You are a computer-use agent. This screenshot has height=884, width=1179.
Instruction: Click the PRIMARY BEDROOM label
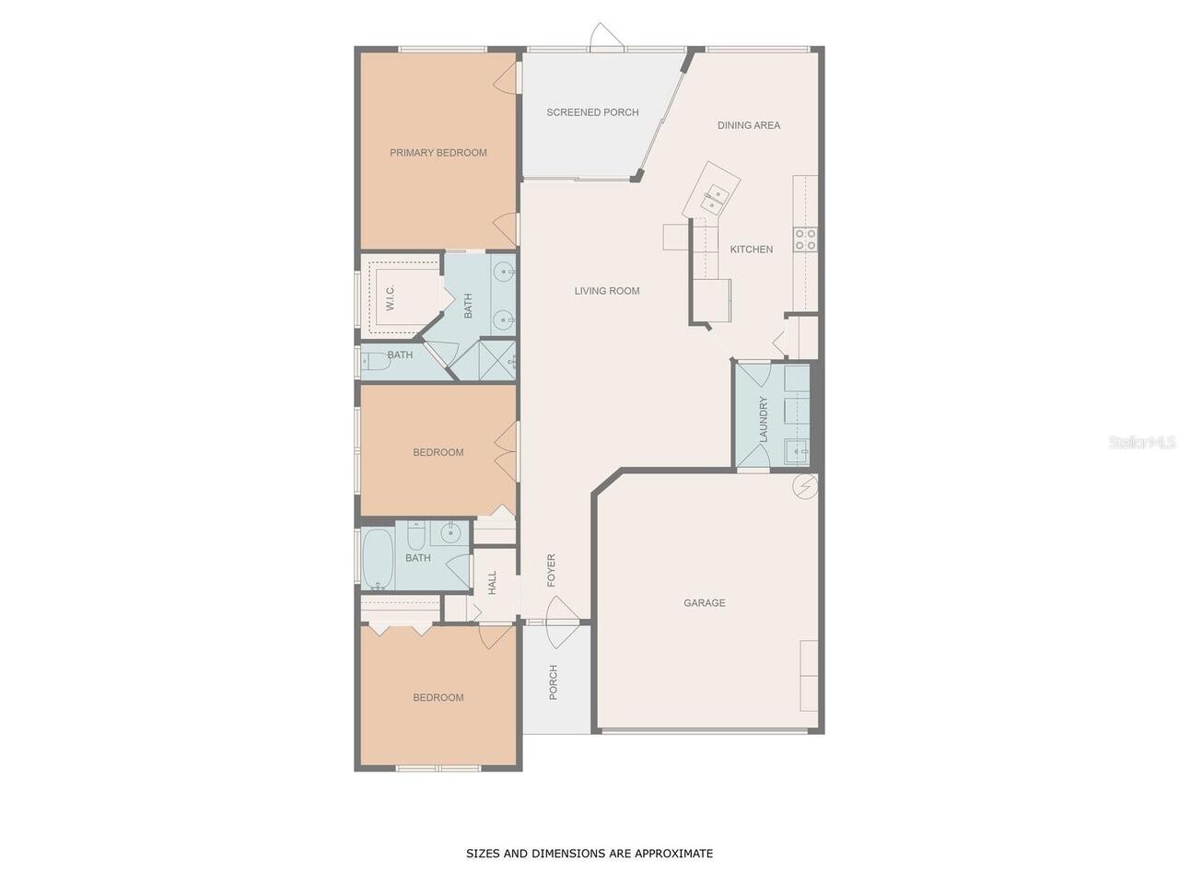pos(438,153)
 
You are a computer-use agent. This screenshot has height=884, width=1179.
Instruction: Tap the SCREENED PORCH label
pos(592,112)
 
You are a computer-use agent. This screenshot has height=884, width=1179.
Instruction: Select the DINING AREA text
pos(749,125)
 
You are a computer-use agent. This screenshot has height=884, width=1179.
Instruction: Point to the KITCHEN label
pos(752,249)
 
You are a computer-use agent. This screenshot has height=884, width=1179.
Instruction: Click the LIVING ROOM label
pos(607,291)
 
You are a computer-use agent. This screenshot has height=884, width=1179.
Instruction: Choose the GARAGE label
pos(705,603)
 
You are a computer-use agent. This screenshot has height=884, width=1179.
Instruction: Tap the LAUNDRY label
pos(764,419)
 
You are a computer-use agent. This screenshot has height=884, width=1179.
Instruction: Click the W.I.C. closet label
pos(390,297)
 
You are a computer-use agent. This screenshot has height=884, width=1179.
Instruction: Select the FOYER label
pos(551,570)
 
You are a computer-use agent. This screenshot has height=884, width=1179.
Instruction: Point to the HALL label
pos(492,582)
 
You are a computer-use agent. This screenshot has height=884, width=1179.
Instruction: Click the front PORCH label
pos(554,682)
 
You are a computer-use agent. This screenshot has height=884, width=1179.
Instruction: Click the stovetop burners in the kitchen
pos(805,239)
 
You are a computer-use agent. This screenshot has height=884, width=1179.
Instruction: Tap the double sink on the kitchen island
pos(714,198)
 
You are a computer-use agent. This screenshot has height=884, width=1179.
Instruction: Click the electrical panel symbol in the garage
pos(806,487)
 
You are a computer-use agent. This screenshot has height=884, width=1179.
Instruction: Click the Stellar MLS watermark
pos(1141,442)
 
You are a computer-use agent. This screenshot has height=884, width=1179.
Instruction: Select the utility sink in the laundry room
pos(798,452)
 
